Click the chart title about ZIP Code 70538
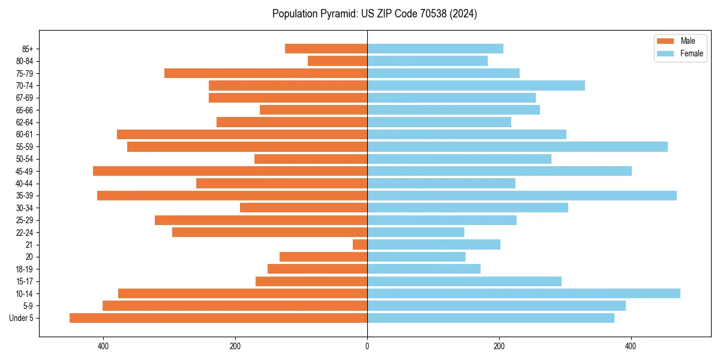point(374,14)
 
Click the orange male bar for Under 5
point(218,318)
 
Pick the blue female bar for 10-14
point(523,293)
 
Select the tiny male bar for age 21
point(360,245)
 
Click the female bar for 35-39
point(521,196)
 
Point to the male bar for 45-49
point(230,171)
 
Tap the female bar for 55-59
point(517,147)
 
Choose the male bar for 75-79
point(266,73)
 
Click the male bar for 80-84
point(337,61)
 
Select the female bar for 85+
point(435,49)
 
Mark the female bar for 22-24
point(416,232)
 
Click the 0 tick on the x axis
point(367,346)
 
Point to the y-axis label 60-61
point(25,134)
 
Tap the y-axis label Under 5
point(22,318)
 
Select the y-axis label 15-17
point(25,281)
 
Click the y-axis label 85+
point(28,49)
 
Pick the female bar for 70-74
point(476,86)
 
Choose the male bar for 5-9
point(235,306)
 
